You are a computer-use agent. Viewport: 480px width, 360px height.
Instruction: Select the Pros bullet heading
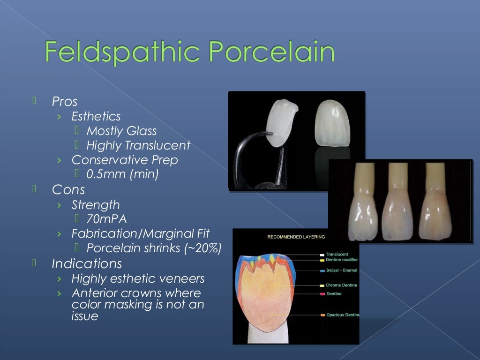65,101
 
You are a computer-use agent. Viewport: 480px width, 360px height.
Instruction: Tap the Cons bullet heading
68,189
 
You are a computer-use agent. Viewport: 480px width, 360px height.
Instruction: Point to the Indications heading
87,263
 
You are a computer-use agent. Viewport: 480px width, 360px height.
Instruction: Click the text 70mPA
106,219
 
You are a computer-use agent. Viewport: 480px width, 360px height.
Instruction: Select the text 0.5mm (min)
123,175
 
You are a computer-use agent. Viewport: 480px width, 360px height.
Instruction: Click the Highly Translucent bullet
138,146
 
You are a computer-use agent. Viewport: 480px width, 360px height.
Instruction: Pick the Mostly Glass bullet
121,131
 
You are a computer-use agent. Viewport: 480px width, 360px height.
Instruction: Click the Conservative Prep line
125,160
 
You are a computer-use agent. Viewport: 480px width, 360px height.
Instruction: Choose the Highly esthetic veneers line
138,278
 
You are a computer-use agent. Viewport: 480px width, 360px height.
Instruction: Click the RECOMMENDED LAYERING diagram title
296,237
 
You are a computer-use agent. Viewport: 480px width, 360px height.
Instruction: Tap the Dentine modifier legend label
342,259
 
